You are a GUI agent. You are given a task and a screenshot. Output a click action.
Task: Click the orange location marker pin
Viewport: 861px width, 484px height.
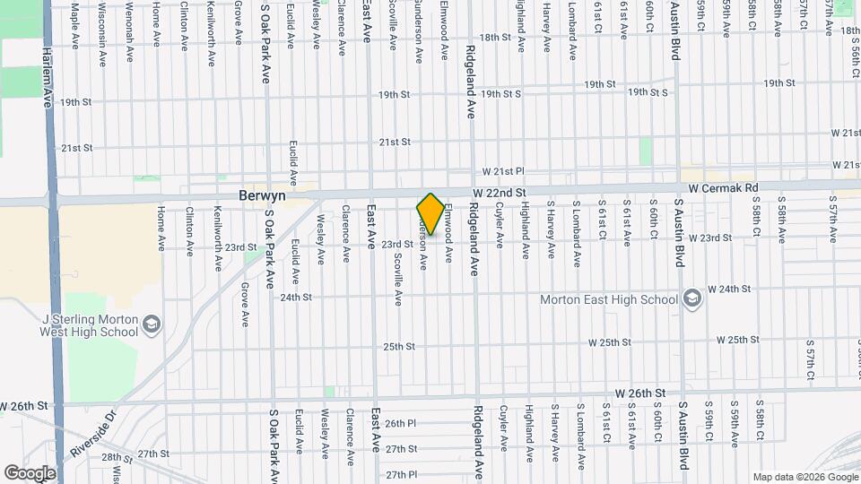[x=430, y=214]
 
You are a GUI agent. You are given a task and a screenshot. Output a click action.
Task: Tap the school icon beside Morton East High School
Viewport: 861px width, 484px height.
[x=691, y=298]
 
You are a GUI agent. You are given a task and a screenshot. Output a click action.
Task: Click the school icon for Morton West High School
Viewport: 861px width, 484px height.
[x=152, y=324]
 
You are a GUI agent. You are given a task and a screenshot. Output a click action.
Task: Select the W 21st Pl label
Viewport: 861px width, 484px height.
[x=502, y=170]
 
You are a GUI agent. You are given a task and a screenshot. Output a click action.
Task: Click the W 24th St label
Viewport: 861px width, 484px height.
[x=728, y=290]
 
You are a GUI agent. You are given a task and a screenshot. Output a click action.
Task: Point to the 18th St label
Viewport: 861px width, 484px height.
[x=494, y=38]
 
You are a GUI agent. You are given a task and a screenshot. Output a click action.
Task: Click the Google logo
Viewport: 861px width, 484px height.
[x=30, y=472]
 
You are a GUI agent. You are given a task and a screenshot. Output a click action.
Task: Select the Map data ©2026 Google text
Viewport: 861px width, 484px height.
[x=805, y=476]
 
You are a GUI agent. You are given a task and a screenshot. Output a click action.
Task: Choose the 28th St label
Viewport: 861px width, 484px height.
[x=117, y=457]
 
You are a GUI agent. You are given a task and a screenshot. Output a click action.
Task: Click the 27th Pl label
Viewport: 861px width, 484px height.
[x=401, y=473]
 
